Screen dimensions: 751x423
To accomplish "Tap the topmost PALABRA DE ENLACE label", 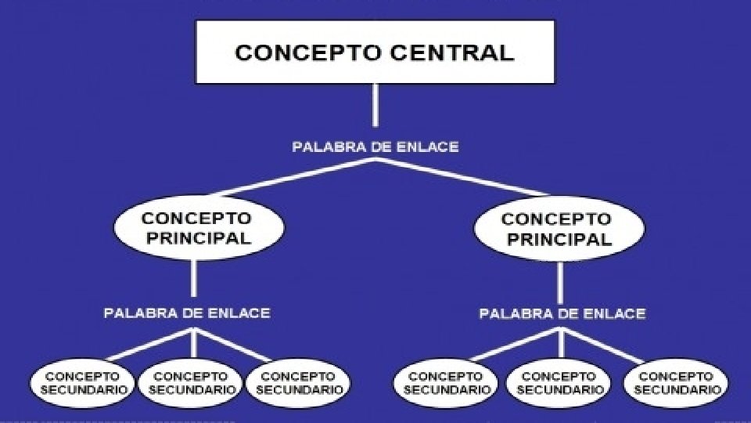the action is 375,146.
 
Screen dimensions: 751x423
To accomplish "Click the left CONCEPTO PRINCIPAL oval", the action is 196,227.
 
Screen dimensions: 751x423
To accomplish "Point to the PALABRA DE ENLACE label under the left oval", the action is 187,313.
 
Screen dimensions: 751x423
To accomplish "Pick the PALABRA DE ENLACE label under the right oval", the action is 562,314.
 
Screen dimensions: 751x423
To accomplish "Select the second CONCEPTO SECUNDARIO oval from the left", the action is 192,383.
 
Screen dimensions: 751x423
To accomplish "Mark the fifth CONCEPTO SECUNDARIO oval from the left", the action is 560,383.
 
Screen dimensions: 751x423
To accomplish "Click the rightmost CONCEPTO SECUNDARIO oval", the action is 676,383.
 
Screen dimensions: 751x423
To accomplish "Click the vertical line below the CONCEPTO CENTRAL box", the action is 375,105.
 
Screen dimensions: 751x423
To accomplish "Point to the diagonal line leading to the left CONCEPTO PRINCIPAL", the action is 296,177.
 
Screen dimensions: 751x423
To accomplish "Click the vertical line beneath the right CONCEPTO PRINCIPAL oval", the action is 560,280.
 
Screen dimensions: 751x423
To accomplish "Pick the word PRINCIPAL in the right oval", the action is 557,239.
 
